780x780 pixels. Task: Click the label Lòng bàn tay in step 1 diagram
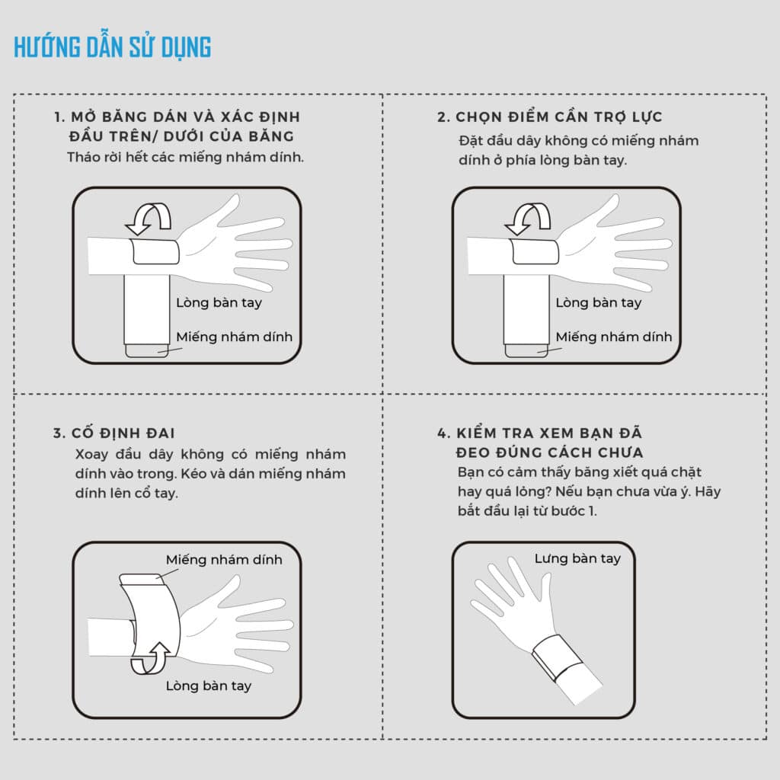[219, 302]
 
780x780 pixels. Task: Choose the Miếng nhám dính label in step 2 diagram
[614, 337]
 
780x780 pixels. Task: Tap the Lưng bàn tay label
[577, 558]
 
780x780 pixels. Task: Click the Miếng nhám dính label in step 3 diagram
[224, 560]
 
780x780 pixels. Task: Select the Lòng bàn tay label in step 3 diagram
[209, 686]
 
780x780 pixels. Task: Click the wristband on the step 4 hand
[557, 657]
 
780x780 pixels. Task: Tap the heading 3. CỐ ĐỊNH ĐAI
[114, 433]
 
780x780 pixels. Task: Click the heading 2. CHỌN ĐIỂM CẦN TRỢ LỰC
[550, 117]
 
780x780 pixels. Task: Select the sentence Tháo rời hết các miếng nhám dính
[185, 157]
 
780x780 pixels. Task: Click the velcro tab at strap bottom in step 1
[147, 350]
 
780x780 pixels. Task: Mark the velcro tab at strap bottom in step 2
[526, 350]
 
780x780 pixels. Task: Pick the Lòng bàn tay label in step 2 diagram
[599, 302]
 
